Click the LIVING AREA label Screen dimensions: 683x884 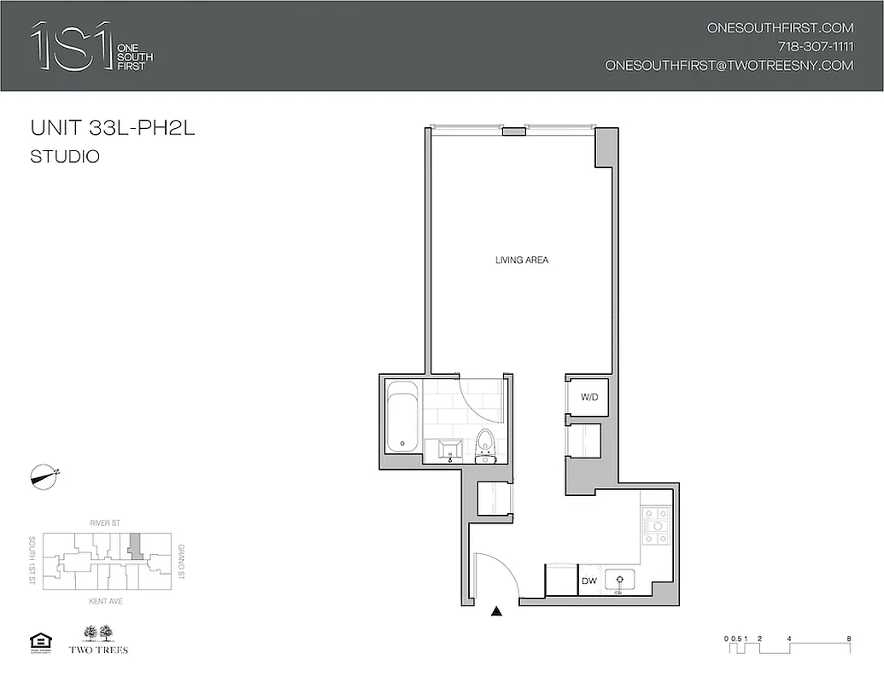[x=521, y=260]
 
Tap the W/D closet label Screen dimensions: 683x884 [x=588, y=397]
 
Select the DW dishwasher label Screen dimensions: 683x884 [x=588, y=581]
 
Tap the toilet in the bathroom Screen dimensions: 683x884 [x=486, y=445]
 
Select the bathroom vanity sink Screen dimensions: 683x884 [x=449, y=451]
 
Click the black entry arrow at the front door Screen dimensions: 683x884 [x=496, y=610]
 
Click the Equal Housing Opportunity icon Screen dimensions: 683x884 [x=41, y=641]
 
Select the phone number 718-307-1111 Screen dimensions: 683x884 [x=815, y=46]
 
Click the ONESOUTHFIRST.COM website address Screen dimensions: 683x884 [x=780, y=27]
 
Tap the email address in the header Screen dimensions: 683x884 [x=729, y=65]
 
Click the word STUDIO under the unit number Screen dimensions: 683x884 [x=65, y=157]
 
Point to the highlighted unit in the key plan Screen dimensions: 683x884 [x=134, y=545]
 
